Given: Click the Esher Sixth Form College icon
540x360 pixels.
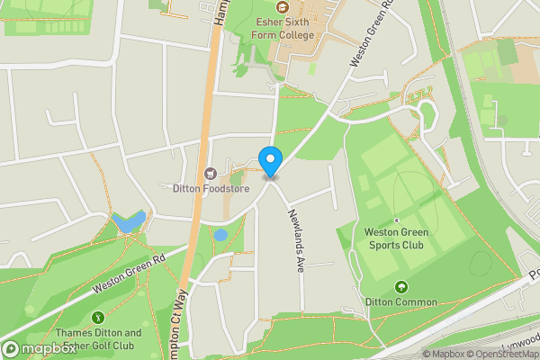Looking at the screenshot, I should (x=282, y=7).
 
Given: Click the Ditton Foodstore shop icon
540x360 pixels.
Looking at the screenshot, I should (x=211, y=173).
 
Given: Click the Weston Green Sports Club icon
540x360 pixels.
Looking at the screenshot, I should (x=397, y=219).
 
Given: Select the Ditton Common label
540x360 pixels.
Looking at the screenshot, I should (x=401, y=302).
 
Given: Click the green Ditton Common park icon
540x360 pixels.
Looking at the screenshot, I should (x=401, y=286).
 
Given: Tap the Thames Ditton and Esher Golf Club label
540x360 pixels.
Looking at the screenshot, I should (x=100, y=338).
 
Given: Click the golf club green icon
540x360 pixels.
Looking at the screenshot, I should (x=97, y=317).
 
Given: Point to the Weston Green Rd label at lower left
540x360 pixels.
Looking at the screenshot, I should (x=130, y=275).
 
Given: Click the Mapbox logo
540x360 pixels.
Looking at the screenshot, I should (x=38, y=349).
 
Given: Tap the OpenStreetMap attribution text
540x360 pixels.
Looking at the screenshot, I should (x=498, y=354).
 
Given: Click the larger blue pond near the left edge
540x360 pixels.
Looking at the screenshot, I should (x=128, y=221).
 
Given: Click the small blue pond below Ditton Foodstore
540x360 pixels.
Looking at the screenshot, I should (x=220, y=235).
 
